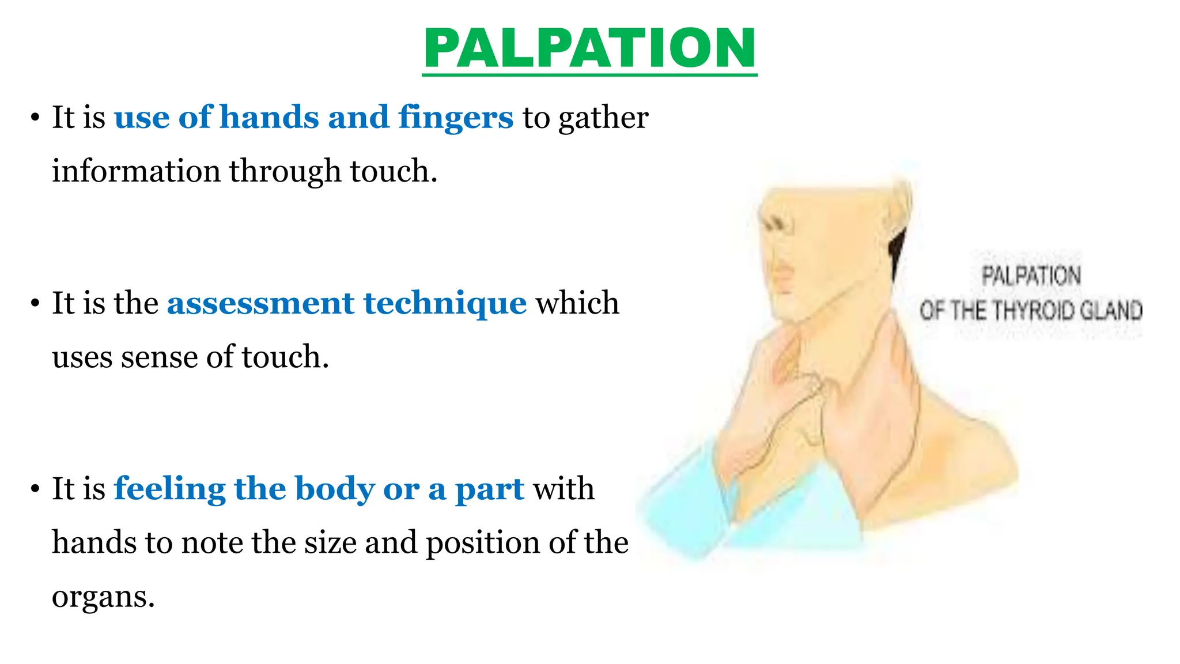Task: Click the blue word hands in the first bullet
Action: coord(269,117)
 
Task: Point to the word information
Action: coord(136,171)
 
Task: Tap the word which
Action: coord(577,303)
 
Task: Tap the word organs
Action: coord(103,597)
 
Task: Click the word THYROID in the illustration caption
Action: coord(1034,311)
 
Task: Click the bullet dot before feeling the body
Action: coord(36,489)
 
